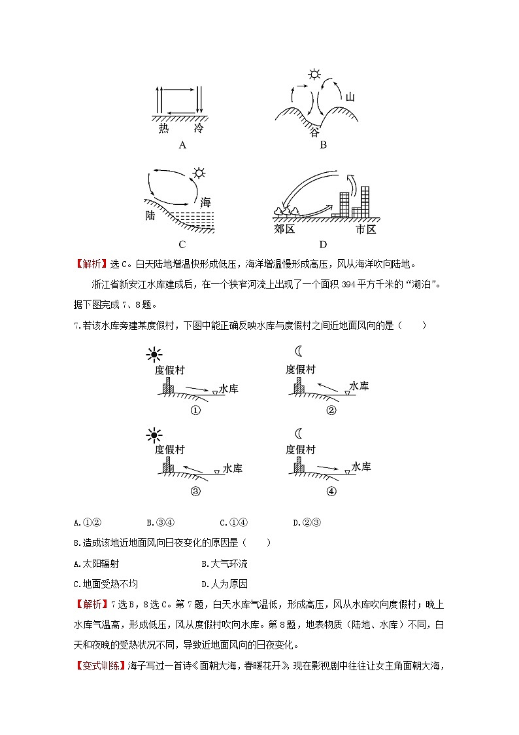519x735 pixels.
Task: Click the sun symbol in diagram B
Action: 316,75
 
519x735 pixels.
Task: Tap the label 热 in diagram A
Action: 164,129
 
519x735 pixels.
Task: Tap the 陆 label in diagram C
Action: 151,215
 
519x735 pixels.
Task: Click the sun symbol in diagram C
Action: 198,173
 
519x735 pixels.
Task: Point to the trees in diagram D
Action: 286,211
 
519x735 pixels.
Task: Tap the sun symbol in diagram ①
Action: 154,355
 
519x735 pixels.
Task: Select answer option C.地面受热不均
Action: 107,584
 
